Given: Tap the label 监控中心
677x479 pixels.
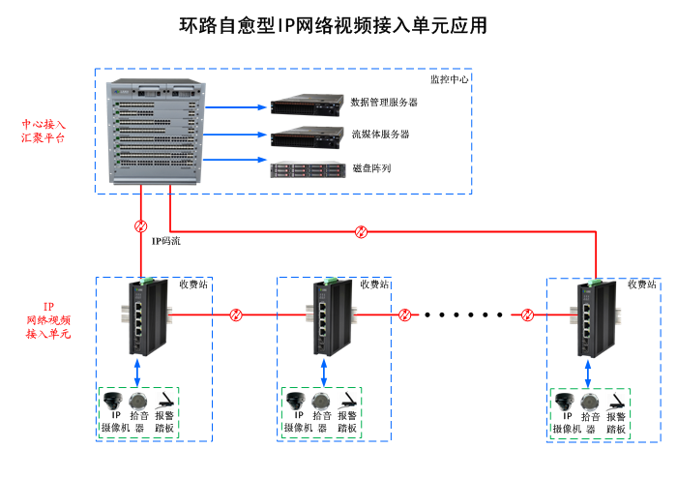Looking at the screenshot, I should (x=449, y=78).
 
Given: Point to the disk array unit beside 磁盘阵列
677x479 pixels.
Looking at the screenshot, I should (x=308, y=169).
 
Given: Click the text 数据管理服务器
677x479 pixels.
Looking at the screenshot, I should (x=384, y=102).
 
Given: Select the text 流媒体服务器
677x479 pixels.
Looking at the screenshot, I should (x=380, y=135).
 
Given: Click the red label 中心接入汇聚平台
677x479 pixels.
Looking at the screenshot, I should (x=44, y=132).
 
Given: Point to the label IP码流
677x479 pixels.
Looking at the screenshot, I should (x=166, y=238).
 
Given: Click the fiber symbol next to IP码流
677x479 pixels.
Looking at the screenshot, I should (x=141, y=226).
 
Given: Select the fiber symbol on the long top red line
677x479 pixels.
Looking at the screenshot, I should (x=361, y=231).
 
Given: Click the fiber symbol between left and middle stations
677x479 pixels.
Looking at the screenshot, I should (x=235, y=314).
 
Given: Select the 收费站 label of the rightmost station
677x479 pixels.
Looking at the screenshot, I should (x=642, y=284).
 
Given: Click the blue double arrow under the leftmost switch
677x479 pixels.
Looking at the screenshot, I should (x=141, y=371).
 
